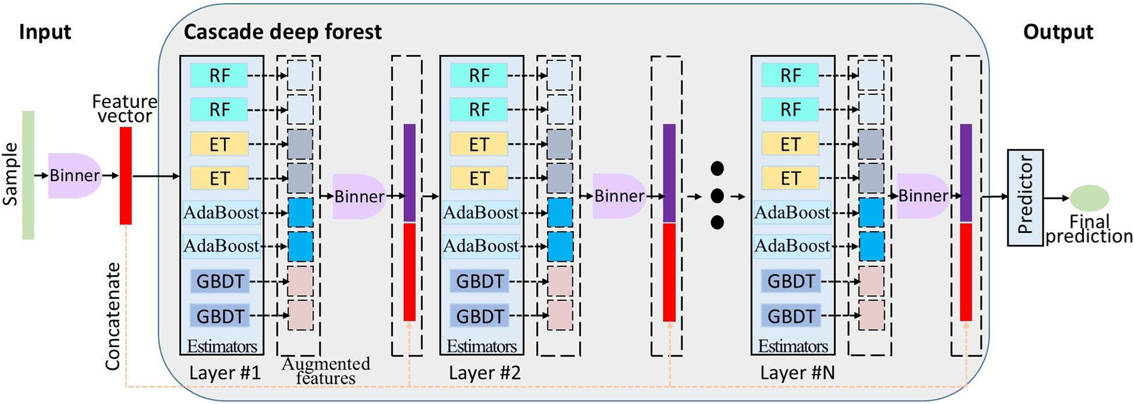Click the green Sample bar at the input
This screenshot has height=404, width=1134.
pos(28,175)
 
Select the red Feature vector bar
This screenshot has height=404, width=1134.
pos(125,175)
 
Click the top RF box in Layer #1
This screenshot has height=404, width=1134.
pos(219,76)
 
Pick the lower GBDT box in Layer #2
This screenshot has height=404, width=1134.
pos(479,316)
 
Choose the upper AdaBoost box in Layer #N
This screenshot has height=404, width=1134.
pos(792,213)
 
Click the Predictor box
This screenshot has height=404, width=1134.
pos(1025,197)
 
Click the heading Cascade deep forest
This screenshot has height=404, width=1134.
pos(282,32)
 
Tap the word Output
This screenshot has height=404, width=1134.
pos(1058,32)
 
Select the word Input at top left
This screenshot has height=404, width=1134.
pos(45,32)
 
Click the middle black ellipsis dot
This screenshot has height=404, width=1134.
pos(717,195)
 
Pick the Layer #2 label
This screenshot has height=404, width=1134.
pos(484,373)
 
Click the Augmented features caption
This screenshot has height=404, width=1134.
pos(326,371)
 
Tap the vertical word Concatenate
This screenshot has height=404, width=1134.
pos(113,316)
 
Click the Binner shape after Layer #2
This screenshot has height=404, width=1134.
pos(618,196)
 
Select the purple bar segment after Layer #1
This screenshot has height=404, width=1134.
pos(410,173)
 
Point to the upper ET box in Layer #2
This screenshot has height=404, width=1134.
pos(479,144)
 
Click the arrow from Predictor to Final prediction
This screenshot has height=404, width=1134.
pos(1056,198)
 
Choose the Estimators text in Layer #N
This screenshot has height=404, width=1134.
pos(792,346)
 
